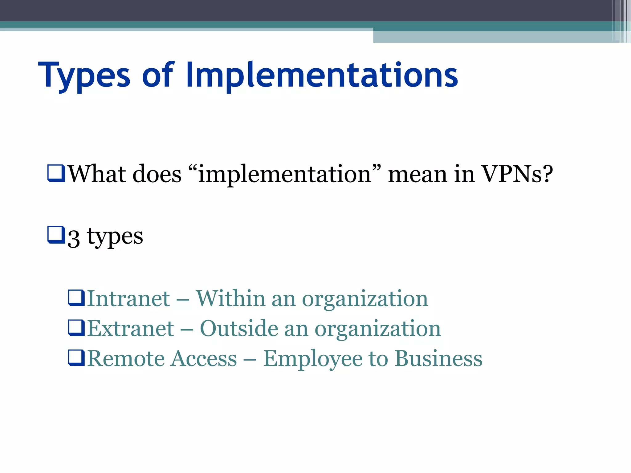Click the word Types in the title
pyautogui.click(x=84, y=75)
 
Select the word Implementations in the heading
pyautogui.click(x=322, y=75)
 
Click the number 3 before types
pyautogui.click(x=74, y=238)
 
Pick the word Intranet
pyautogui.click(x=128, y=299)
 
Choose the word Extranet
pyautogui.click(x=130, y=329)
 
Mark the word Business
pyautogui.click(x=438, y=359)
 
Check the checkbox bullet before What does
pyautogui.click(x=56, y=173)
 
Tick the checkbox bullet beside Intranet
pyautogui.click(x=76, y=298)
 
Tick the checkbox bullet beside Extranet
pyautogui.click(x=76, y=328)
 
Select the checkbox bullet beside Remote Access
pyautogui.click(x=76, y=358)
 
